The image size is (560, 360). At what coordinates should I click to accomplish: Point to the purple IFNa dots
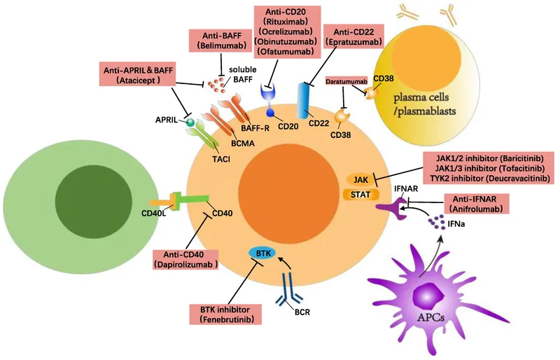coord(439,223)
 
